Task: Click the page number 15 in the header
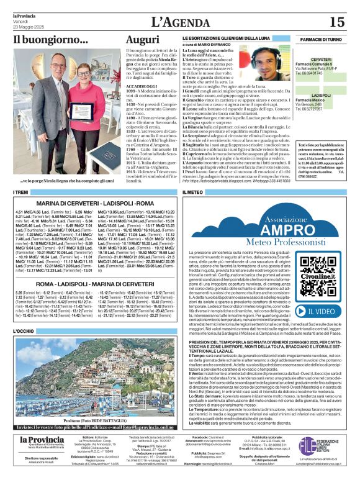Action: coord(336,22)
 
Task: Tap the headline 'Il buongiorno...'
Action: coord(51,40)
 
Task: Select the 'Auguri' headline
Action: coord(142,40)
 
